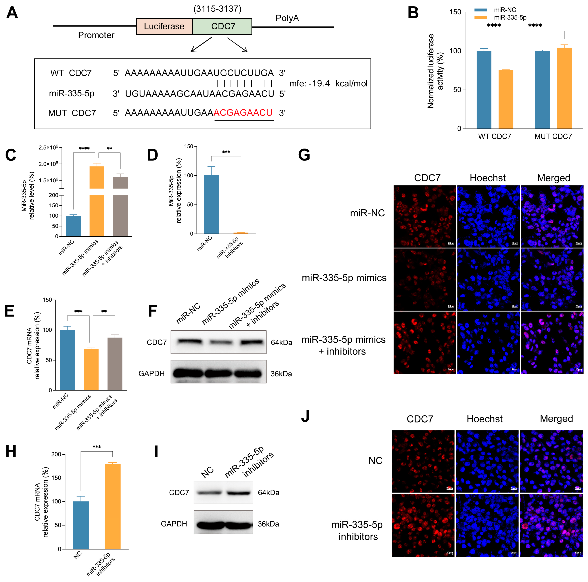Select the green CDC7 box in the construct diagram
[x=222, y=27]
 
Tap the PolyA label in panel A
[x=287, y=18]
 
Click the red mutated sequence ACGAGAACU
[x=243, y=113]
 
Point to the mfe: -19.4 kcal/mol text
[x=328, y=83]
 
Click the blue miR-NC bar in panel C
[x=73, y=226]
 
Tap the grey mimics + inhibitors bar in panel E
[x=115, y=364]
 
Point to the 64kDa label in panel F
[x=281, y=343]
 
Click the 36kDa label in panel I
[x=268, y=524]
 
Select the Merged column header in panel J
[x=556, y=419]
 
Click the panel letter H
[x=11, y=451]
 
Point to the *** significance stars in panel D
[x=226, y=152]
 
